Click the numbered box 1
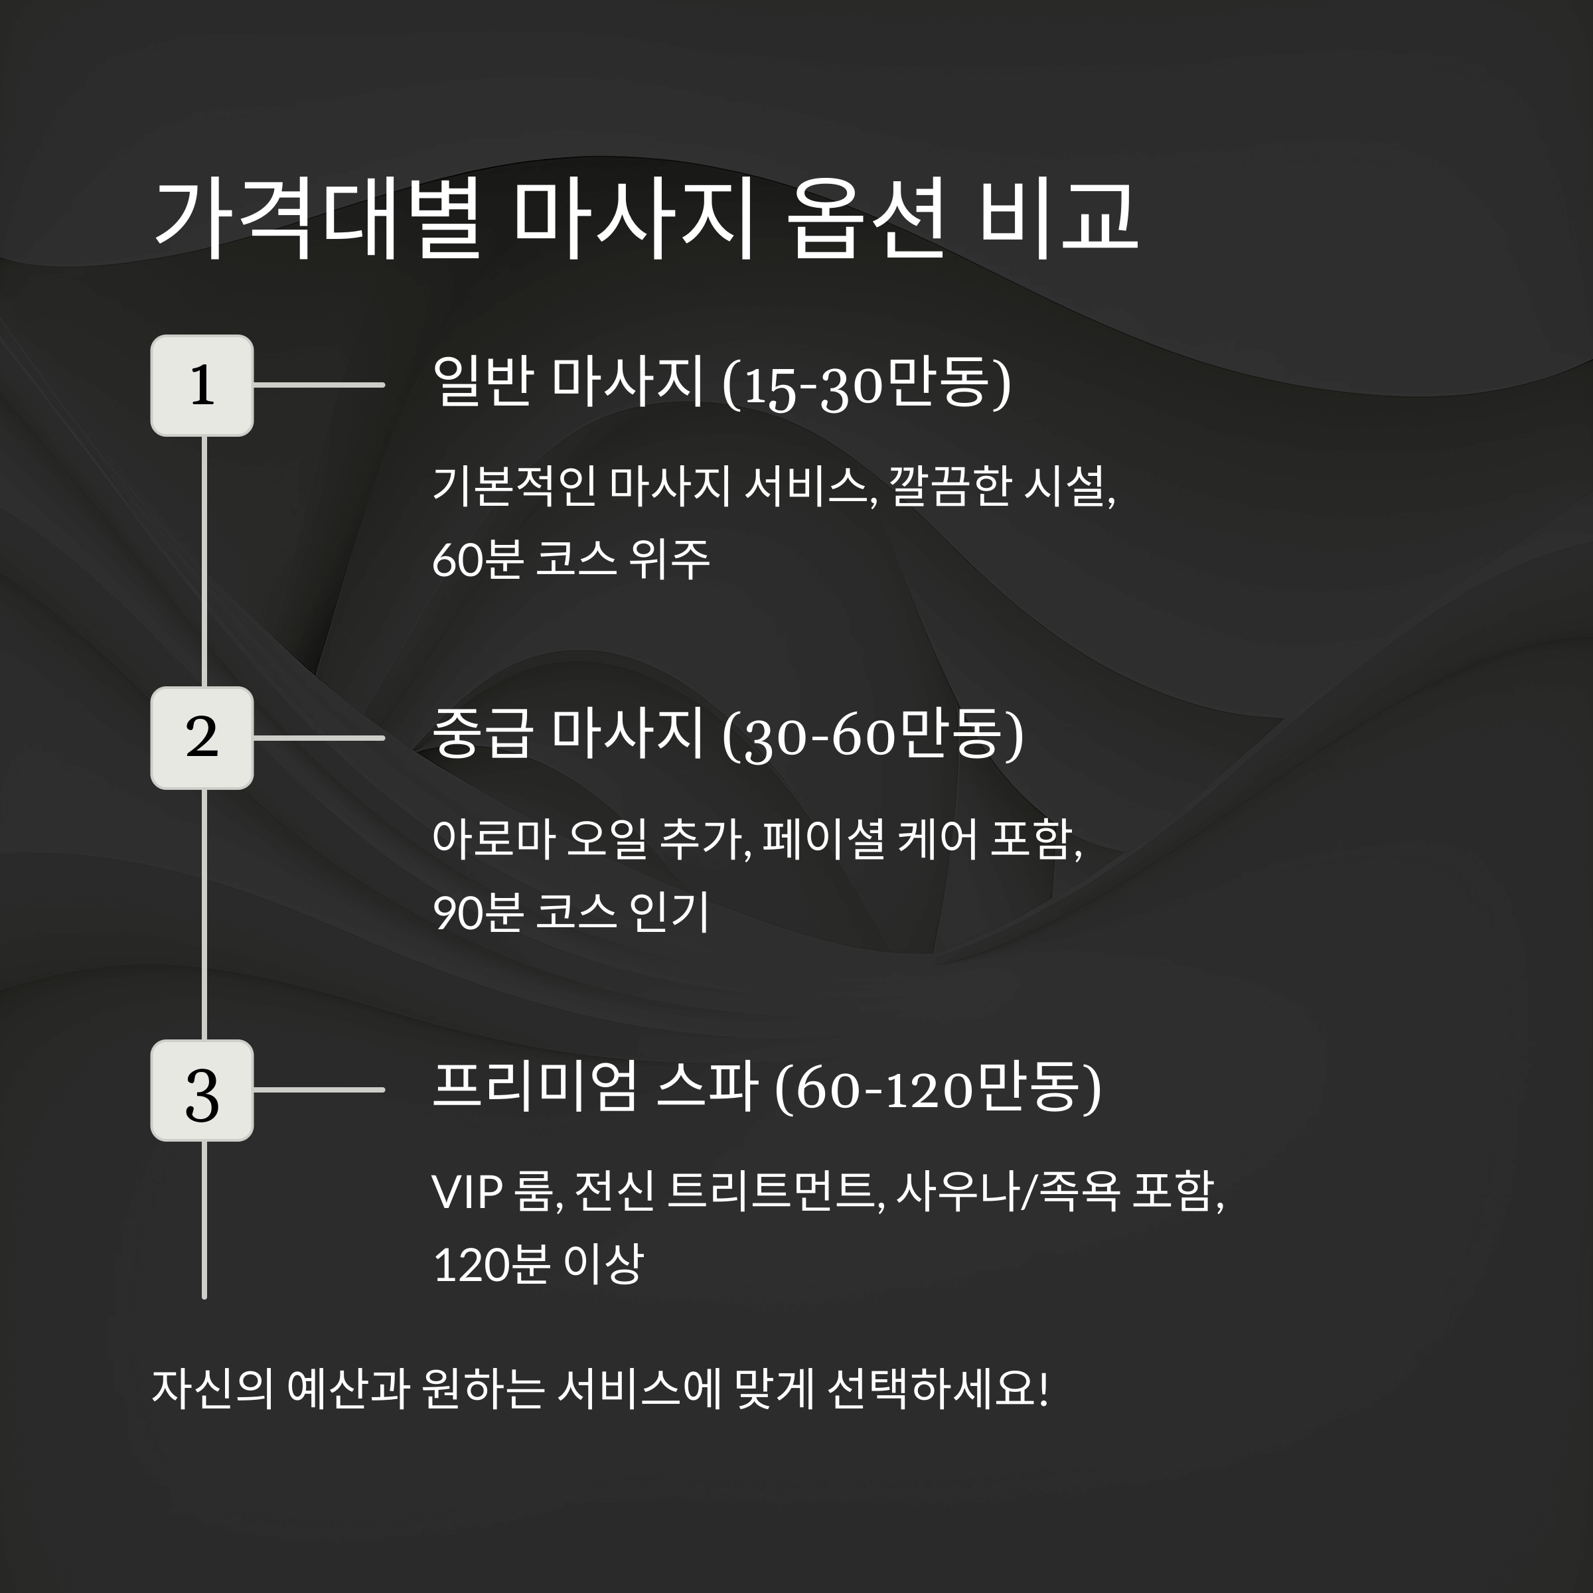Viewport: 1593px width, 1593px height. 202,385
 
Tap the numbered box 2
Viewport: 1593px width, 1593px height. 202,737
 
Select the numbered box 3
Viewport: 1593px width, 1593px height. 202,1090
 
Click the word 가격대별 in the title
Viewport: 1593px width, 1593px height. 317,218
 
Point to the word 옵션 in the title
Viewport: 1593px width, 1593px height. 865,218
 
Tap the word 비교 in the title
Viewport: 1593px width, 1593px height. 1058,218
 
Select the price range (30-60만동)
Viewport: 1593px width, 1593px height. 872,735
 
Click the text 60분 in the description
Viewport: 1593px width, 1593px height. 477,559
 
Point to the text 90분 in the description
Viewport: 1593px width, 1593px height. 477,912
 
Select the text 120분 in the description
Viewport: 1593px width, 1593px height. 491,1264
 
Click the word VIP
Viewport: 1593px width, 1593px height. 467,1192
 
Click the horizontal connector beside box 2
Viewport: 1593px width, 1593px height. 319,737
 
